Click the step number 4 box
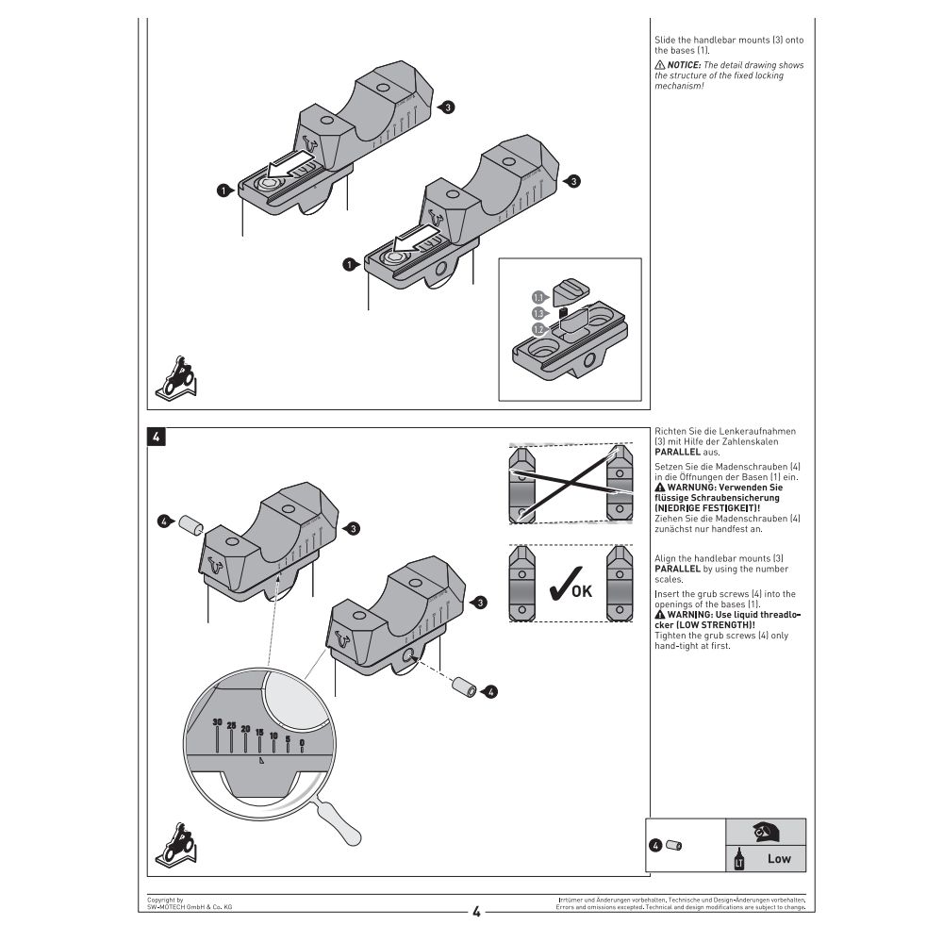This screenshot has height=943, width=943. point(157,437)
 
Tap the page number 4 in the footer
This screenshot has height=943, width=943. point(476,912)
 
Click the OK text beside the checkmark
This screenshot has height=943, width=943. point(582,591)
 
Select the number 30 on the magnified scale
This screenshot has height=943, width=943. point(218,722)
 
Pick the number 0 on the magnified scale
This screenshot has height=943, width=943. point(302,743)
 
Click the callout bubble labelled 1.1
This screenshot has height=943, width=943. point(538,296)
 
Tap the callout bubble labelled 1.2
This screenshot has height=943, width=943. point(538,329)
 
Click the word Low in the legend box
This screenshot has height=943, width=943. point(779,858)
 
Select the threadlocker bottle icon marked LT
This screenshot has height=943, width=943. point(738,859)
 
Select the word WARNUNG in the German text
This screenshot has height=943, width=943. point(700,487)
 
